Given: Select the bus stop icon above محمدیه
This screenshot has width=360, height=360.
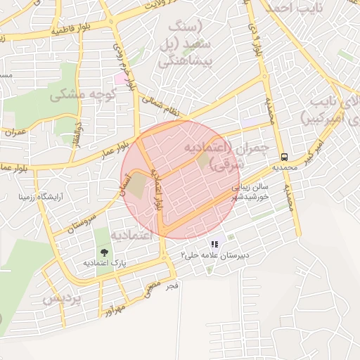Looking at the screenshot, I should [x=285, y=157].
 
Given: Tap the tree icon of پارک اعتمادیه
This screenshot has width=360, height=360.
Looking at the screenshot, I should [x=104, y=251].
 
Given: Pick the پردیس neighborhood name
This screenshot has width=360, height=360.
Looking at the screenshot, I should [x=62, y=298].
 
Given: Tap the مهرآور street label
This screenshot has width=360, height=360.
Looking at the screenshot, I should [x=112, y=309].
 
